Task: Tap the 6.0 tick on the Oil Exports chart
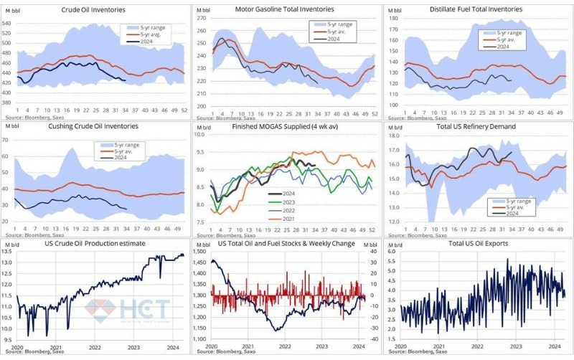tap(393, 252)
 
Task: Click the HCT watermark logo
tap(129, 309)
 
